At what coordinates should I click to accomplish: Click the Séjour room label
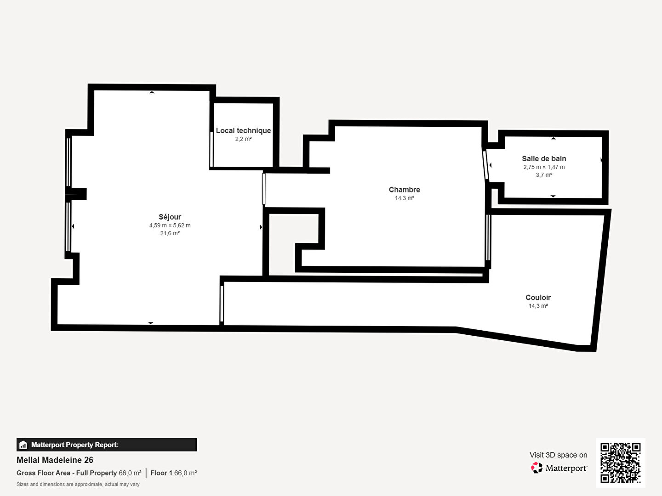pos(170,217)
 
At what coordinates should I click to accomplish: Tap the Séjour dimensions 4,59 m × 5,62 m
pos(170,225)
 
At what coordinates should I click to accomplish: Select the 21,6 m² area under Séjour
pos(170,233)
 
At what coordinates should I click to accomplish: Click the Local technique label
pos(243,131)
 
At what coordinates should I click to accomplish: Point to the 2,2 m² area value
pos(243,139)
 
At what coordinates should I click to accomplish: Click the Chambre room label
pos(405,190)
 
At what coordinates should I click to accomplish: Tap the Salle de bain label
pos(544,159)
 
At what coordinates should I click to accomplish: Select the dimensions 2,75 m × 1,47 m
pos(544,167)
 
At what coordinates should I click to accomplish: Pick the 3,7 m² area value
pos(544,175)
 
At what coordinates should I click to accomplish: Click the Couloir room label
pos(538,298)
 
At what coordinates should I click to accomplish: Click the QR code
pos(620,463)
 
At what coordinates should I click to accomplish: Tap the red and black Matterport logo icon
pos(536,468)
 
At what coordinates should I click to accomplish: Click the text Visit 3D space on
pos(558,455)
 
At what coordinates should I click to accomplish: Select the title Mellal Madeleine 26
pos(55,460)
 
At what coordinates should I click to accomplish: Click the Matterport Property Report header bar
pos(107,445)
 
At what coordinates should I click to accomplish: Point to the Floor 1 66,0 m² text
pos(174,473)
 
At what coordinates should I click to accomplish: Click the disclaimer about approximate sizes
pos(78,484)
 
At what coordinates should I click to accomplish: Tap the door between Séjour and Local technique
pos(212,149)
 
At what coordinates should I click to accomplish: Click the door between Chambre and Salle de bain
pos(485,165)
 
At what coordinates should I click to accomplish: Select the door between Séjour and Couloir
pos(222,304)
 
